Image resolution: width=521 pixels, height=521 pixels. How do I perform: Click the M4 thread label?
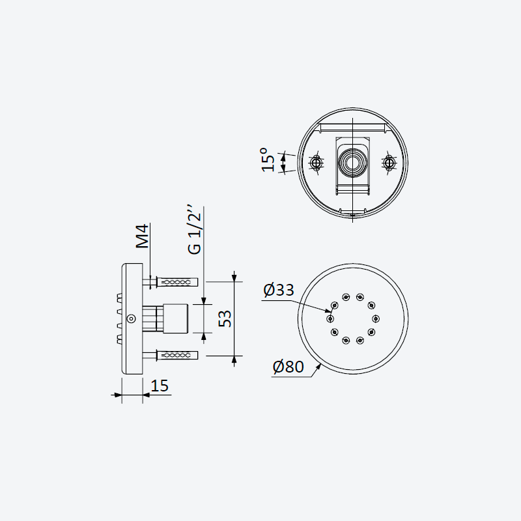(143, 236)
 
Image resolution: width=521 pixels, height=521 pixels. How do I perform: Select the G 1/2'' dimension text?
(195, 230)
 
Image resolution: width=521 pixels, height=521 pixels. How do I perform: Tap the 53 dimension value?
(225, 318)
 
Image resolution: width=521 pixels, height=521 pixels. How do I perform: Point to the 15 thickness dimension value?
(160, 386)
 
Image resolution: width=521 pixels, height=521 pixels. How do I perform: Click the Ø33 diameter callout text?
(279, 290)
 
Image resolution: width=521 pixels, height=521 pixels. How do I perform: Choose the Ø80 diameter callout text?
(288, 367)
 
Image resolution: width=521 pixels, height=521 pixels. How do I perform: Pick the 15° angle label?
(268, 160)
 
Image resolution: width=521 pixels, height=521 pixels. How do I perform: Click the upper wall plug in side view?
(176, 283)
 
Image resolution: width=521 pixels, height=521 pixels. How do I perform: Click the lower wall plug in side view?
(176, 356)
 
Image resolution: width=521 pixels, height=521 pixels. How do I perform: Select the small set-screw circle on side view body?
(132, 318)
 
